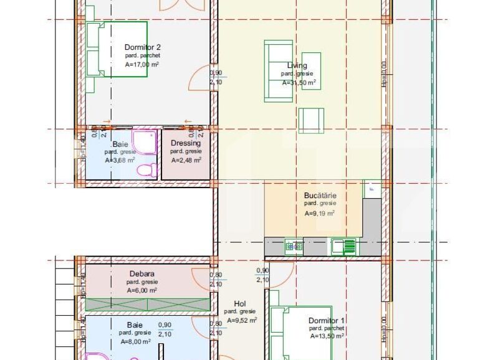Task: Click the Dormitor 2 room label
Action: pyautogui.click(x=143, y=47)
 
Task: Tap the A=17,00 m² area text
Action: pyautogui.click(x=142, y=64)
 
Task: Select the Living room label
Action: pyautogui.click(x=297, y=65)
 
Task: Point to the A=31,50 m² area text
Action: pyautogui.click(x=299, y=82)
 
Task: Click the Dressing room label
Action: pyautogui.click(x=186, y=143)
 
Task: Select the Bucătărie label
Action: pyautogui.click(x=320, y=195)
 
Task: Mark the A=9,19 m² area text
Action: pyautogui.click(x=319, y=213)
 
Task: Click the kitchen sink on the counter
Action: pyautogui.click(x=344, y=247)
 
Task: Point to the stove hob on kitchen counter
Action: pyautogui.click(x=294, y=247)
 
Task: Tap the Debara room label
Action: pyautogui.click(x=142, y=273)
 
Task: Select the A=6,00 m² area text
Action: pyautogui.click(x=142, y=290)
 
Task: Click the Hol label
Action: pyautogui.click(x=239, y=303)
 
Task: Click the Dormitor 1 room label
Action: pyautogui.click(x=327, y=321)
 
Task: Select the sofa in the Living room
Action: pyautogui.click(x=278, y=70)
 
